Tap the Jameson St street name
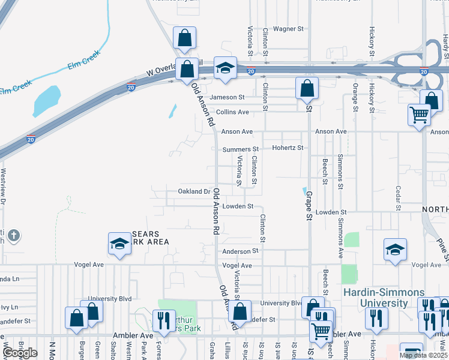(226, 97)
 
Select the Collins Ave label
(232, 112)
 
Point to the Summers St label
(240, 149)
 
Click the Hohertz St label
(288, 147)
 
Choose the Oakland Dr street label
(194, 191)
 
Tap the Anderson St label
(240, 251)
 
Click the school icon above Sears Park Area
(119, 244)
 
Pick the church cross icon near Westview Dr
(15, 235)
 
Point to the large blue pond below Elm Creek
(46, 101)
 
